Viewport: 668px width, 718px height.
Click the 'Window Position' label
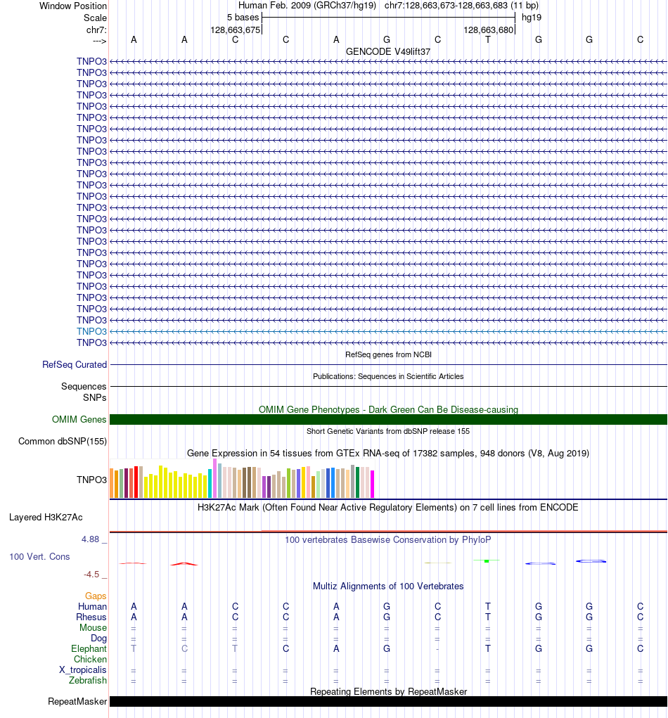73,6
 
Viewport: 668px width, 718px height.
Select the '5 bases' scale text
243,18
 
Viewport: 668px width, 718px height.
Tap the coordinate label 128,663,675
236,30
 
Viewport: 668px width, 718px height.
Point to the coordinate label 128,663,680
489,30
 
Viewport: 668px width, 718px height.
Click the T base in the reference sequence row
488,40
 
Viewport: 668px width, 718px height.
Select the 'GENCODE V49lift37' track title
388,52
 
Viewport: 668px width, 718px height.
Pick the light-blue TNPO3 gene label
91,331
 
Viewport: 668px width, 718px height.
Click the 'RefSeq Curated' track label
75,365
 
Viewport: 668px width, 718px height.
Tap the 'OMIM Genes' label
79,420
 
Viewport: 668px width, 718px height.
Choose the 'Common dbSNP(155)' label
63,442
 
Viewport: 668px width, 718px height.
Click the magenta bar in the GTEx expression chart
373,484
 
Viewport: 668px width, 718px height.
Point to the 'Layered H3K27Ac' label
46,518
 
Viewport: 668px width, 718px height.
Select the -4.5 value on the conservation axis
92,575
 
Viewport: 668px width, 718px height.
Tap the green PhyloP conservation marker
486,560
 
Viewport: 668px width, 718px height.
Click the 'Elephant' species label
89,649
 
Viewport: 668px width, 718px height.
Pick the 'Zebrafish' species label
88,681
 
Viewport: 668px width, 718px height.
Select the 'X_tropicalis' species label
83,670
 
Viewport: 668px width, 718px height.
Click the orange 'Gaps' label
96,596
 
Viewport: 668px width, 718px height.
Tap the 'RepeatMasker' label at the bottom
77,702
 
